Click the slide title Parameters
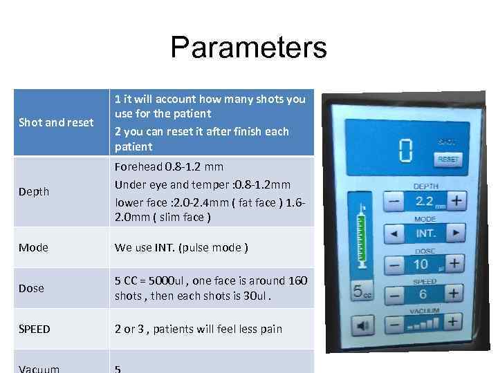pyautogui.click(x=248, y=48)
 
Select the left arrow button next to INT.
pyautogui.click(x=394, y=233)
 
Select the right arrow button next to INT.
pyautogui.click(x=455, y=233)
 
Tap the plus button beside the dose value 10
pyautogui.click(x=453, y=263)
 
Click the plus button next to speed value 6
pyautogui.click(x=453, y=292)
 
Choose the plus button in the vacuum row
pyautogui.click(x=453, y=321)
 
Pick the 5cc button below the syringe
pyautogui.click(x=361, y=291)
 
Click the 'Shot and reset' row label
pyautogui.click(x=56, y=122)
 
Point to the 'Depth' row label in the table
pyautogui.click(x=34, y=191)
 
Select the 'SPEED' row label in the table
pyautogui.click(x=35, y=329)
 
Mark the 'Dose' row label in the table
pyautogui.click(x=31, y=288)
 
